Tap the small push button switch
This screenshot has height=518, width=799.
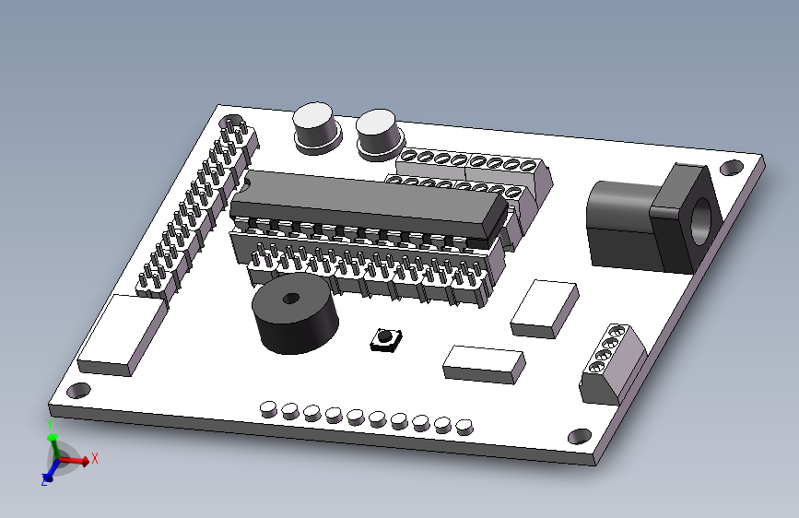386,339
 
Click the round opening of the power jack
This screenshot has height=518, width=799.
703,222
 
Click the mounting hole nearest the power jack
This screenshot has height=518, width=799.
732,168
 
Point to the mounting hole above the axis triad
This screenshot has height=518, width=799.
78,391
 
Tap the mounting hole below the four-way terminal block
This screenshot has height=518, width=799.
580,436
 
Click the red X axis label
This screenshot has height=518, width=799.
94,458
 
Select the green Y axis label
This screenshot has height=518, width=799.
50,424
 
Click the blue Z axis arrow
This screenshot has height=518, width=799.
49,473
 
